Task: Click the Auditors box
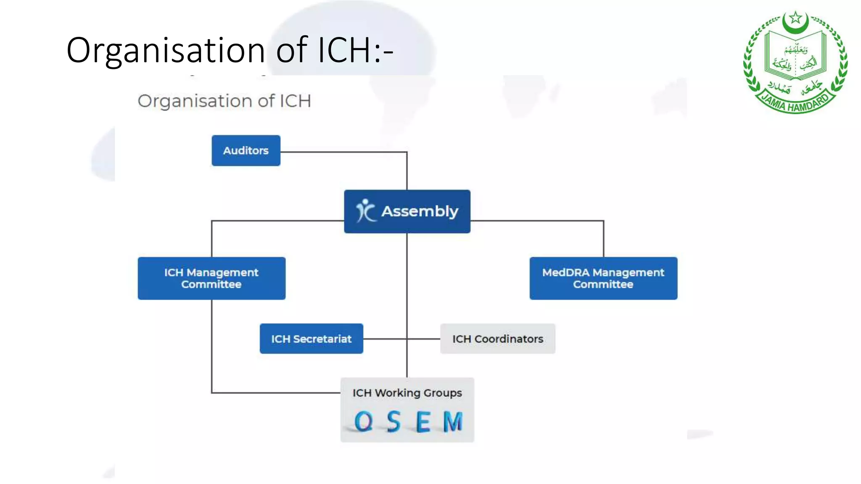pos(246,150)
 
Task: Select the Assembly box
pos(407,211)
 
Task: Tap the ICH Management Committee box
pos(211,278)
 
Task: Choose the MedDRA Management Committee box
pos(603,278)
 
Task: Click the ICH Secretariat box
pos(311,339)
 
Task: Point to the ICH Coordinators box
pos(497,339)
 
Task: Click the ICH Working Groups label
pos(407,393)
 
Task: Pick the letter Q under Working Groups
pos(363,421)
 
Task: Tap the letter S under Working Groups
pos(394,421)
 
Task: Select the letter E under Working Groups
pos(423,421)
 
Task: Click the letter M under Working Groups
pos(453,421)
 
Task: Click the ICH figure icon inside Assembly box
pos(365,210)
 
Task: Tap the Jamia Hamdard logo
pos(795,62)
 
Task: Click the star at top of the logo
pos(795,18)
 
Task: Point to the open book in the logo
pos(795,57)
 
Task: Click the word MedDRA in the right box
pos(565,272)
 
